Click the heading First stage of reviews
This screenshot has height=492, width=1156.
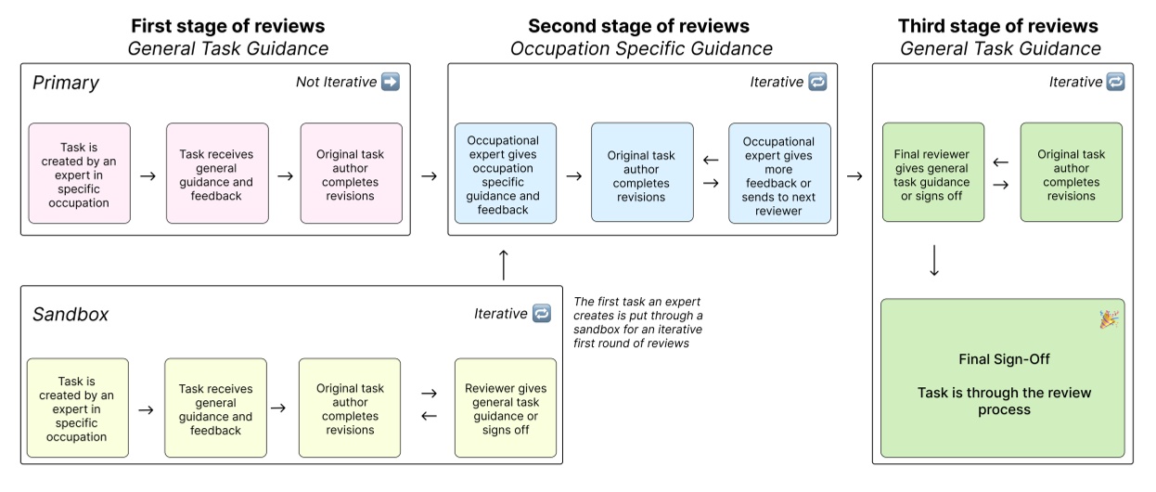(228, 26)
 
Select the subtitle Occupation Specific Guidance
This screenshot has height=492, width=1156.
(641, 48)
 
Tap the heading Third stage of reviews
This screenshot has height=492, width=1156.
(997, 26)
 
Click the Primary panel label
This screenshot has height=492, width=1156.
(65, 83)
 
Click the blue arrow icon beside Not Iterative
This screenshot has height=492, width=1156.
(391, 82)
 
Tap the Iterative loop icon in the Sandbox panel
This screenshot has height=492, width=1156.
(542, 314)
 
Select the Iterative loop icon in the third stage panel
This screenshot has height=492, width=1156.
(1116, 82)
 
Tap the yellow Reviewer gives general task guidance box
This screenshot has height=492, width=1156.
(506, 408)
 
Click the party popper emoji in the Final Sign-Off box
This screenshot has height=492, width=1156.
(1108, 318)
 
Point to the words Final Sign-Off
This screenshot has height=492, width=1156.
(1004, 358)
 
